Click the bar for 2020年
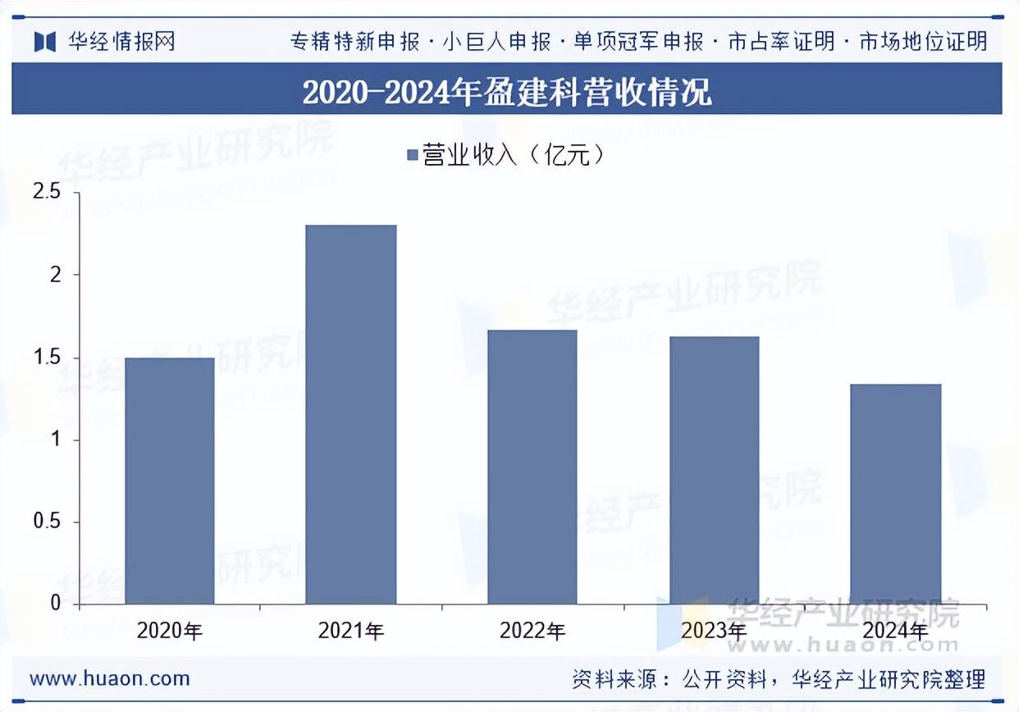pyautogui.click(x=170, y=481)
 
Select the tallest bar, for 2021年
pyautogui.click(x=351, y=414)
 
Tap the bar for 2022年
pyautogui.click(x=532, y=467)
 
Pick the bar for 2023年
pyautogui.click(x=714, y=470)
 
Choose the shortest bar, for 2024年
pyautogui.click(x=896, y=494)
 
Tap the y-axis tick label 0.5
pyautogui.click(x=46, y=523)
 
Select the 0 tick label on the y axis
pyautogui.click(x=56, y=604)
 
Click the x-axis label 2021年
pyautogui.click(x=351, y=631)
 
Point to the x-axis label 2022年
pyautogui.click(x=532, y=631)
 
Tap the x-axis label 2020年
pyautogui.click(x=170, y=631)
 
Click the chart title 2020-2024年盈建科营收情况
pyautogui.click(x=507, y=92)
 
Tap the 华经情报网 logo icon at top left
pyautogui.click(x=44, y=41)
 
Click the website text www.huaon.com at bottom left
pyautogui.click(x=110, y=679)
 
